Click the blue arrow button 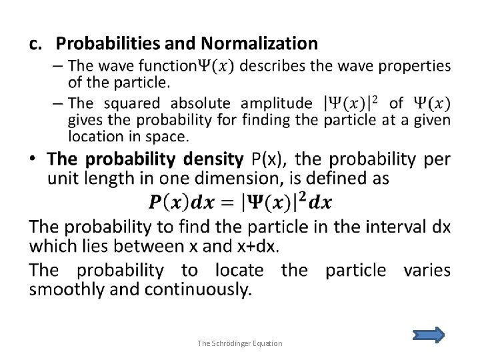click(x=429, y=335)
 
